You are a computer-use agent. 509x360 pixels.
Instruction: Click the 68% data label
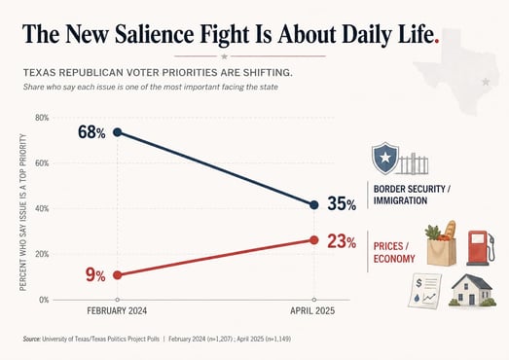pyautogui.click(x=91, y=132)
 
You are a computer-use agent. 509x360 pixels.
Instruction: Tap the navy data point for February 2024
pyautogui.click(x=117, y=132)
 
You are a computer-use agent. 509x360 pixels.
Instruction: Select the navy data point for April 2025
pyautogui.click(x=314, y=205)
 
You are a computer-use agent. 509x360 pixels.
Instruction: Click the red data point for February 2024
pyautogui.click(x=117, y=275)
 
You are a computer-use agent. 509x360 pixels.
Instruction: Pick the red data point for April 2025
pyautogui.click(x=314, y=240)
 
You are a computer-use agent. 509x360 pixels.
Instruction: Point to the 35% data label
pyautogui.click(x=342, y=204)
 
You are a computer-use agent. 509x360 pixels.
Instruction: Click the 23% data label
pyautogui.click(x=342, y=242)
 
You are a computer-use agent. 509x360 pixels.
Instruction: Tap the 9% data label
pyautogui.click(x=95, y=275)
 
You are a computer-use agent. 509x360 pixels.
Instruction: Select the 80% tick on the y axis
pyautogui.click(x=42, y=118)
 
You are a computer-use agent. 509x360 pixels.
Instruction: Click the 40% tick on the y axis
pyautogui.click(x=42, y=209)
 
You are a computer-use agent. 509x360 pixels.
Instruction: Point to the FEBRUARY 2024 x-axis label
pyautogui.click(x=117, y=311)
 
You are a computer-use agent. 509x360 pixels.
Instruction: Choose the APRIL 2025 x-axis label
pyautogui.click(x=312, y=311)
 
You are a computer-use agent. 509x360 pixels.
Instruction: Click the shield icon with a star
pyautogui.click(x=385, y=158)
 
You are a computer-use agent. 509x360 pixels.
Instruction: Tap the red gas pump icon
pyautogui.click(x=481, y=248)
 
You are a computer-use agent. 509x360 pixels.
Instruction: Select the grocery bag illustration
pyautogui.click(x=441, y=243)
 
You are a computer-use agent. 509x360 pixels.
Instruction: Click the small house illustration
pyautogui.click(x=472, y=291)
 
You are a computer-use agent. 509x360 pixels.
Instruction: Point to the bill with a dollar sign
pyautogui.click(x=425, y=291)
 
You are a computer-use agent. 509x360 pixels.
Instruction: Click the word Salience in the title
pyautogui.click(x=154, y=34)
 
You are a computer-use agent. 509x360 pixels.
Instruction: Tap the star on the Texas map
pyautogui.click(x=486, y=82)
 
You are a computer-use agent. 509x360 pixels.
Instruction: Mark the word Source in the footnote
pyautogui.click(x=31, y=340)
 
